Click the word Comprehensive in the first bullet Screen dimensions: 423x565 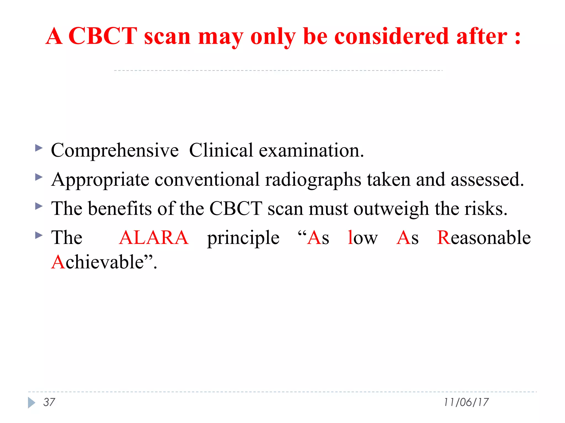tap(115, 151)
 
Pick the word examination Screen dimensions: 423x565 tap(311, 151)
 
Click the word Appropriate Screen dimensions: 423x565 tap(100, 180)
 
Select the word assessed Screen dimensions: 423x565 tap(487, 180)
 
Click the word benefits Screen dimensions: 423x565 tap(120, 208)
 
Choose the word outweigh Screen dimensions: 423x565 tap(391, 209)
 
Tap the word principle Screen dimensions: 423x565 tap(243, 238)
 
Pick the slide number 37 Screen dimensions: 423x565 tap(49, 402)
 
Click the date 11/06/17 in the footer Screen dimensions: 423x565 tap(466, 402)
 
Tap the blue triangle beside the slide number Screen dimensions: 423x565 tap(31, 403)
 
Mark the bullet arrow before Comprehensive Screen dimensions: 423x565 tap(39, 148)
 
